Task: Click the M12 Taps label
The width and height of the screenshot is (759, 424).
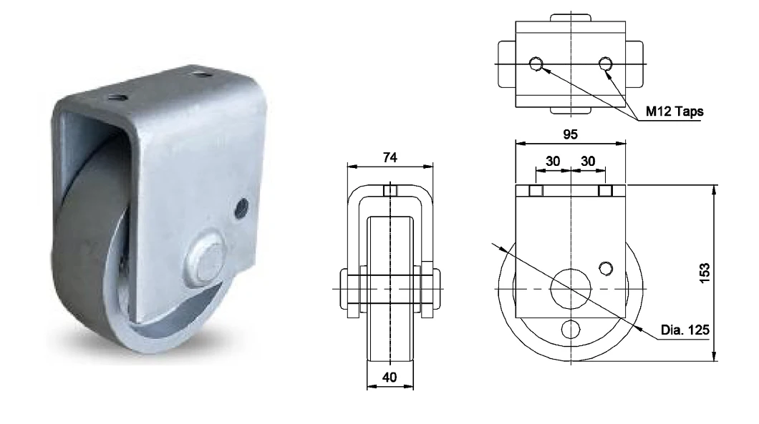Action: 675,111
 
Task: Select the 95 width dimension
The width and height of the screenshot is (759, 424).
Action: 571,134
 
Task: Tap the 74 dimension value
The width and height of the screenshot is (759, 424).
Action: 390,157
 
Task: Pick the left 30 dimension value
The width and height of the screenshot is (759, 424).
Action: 553,162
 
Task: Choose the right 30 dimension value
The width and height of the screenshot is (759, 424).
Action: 588,162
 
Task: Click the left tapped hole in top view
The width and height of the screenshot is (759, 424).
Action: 536,65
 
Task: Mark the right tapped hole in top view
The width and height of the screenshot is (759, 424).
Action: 606,65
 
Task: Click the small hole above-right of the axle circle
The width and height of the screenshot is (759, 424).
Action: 606,268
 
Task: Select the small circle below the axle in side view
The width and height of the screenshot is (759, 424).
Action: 571,329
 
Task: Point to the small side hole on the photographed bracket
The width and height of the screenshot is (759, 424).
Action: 241,207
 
